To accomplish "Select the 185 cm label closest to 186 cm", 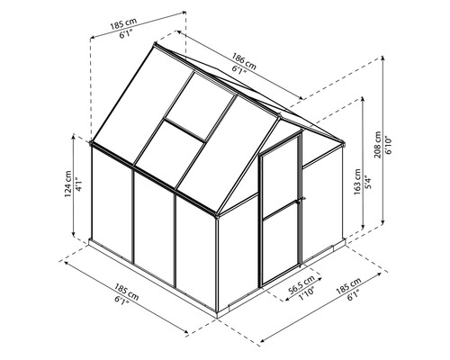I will pos(126,19).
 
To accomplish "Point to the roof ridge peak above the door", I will pos(297,124).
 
